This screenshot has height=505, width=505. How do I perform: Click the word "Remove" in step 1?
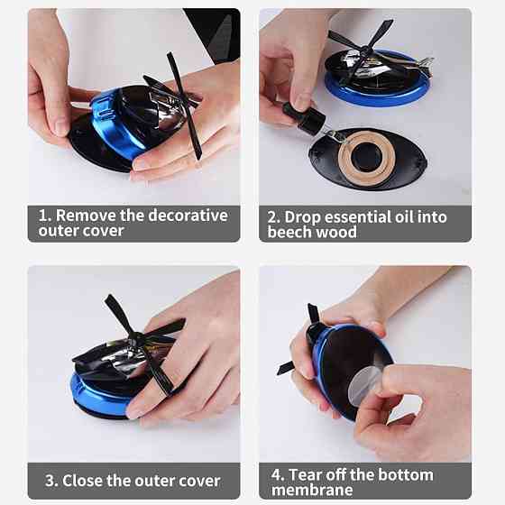click(x=86, y=216)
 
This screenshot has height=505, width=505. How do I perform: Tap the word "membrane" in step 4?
click(x=312, y=490)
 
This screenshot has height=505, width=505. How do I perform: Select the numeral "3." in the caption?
click(x=51, y=481)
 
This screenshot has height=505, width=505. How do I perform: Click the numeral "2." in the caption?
click(x=274, y=217)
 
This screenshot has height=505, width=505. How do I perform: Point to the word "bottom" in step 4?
click(x=406, y=474)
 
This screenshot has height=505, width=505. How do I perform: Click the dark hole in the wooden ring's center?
click(x=366, y=157)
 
